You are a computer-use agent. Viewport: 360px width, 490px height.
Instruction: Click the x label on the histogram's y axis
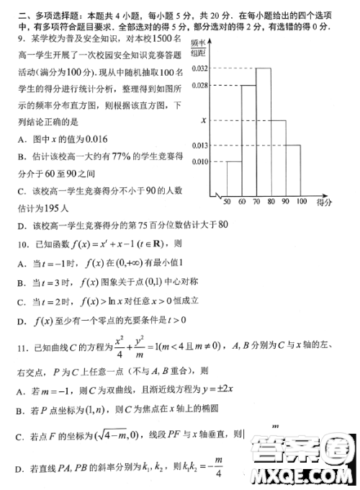[x=204, y=120]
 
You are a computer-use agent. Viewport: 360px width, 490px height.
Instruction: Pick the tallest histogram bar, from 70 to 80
[x=263, y=130]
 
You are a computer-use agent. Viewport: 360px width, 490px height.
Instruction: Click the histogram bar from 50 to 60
[x=233, y=177]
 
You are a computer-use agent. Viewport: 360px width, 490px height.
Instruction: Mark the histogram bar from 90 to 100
[x=293, y=169]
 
